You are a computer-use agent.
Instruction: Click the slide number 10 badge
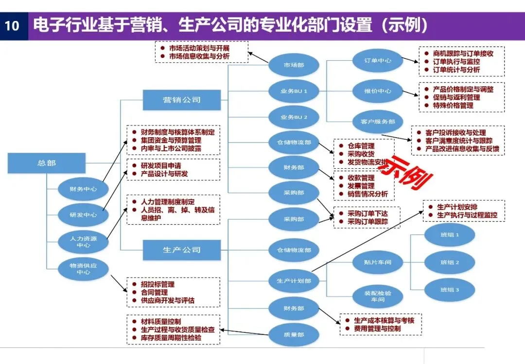12,25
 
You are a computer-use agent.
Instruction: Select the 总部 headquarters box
47,163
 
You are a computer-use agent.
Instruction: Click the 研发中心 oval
83,215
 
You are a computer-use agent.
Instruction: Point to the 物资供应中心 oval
83,269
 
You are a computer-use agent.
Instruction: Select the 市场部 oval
294,65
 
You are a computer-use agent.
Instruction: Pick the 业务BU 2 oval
294,117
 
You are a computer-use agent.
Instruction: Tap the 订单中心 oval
378,61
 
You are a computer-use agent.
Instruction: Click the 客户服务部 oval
378,122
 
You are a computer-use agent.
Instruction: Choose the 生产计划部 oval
294,281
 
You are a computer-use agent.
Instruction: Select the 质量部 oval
294,334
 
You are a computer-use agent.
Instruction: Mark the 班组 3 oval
450,290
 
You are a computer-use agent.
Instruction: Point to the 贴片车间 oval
378,262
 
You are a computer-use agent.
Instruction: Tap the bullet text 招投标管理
157,284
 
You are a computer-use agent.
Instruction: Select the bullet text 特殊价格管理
453,105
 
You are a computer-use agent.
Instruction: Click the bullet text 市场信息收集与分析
199,56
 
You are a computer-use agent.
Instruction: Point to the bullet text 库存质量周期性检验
171,337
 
